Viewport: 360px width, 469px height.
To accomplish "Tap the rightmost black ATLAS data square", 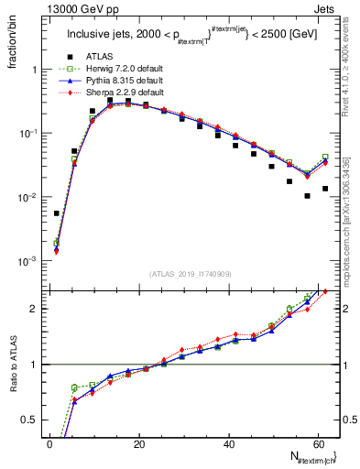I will pos(325,189).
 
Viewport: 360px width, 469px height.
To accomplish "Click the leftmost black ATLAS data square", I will pos(57,213).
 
